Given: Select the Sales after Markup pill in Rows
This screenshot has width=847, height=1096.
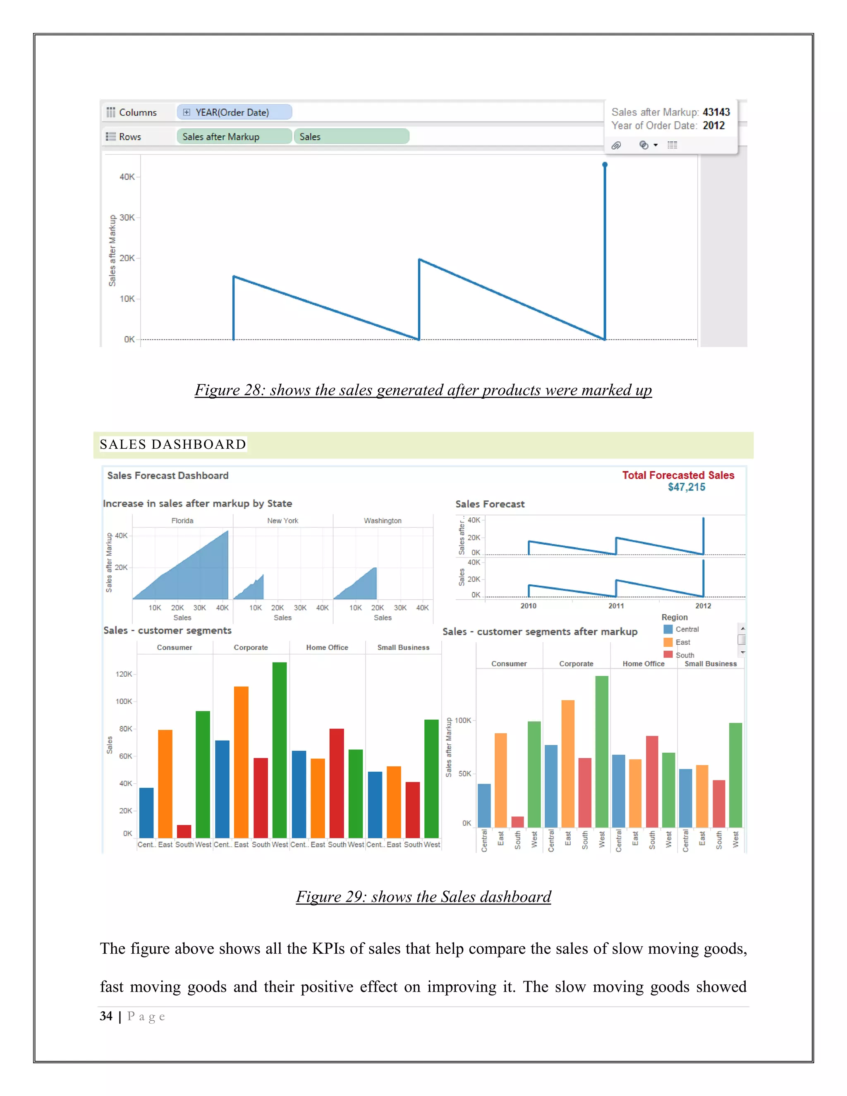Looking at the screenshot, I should (234, 136).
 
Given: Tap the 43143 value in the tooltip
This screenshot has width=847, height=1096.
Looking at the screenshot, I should (715, 112).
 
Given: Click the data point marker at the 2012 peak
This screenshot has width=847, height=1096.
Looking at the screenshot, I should (605, 165).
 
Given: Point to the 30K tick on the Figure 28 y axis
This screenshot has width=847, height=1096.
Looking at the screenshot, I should (127, 217).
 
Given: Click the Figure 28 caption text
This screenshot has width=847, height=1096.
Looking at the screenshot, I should (423, 390).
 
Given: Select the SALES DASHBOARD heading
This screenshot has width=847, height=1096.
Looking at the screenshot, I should (172, 444).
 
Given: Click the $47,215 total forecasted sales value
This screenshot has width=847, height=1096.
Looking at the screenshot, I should (686, 487).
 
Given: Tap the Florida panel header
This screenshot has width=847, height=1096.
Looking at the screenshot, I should (182, 521).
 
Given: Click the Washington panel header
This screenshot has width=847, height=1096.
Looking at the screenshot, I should (383, 521).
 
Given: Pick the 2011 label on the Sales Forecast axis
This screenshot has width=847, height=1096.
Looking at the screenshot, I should (616, 606).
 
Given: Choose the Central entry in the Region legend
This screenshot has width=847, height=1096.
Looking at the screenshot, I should (687, 629).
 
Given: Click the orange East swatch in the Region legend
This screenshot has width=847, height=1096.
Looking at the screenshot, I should (668, 642).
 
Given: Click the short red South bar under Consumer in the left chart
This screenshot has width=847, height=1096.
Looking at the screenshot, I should (184, 830).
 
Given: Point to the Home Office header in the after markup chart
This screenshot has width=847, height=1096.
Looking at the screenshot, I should (643, 664).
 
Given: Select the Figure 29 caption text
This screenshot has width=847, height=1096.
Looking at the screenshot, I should (423, 897).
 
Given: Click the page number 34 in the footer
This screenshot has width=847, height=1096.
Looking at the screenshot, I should (106, 1016).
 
